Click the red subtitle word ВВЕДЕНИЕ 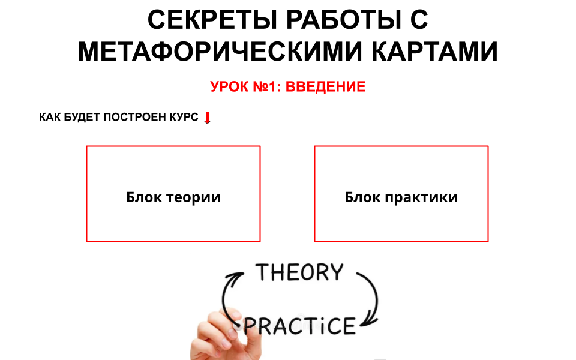point(325,87)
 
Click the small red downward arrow point(208,118)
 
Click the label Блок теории point(173,197)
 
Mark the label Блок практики point(401,197)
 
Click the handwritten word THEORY point(300,273)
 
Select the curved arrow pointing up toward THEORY point(229,294)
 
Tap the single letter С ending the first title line point(420,20)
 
